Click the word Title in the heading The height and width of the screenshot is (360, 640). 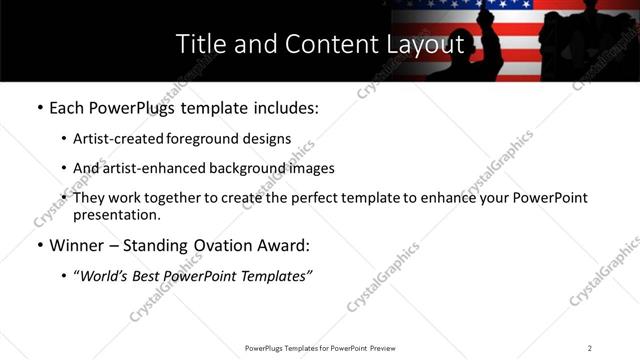[199, 45]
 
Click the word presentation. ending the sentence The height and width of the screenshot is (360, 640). [116, 214]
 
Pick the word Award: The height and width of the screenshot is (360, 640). [287, 245]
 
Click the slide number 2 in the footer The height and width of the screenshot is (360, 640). [590, 348]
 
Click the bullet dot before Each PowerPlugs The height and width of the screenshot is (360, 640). [38, 108]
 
